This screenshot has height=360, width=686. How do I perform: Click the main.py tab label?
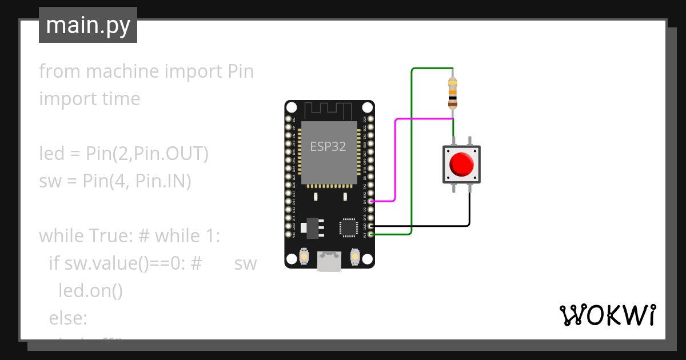click(88, 25)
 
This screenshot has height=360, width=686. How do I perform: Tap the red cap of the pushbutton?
click(461, 165)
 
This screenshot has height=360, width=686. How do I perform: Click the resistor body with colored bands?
click(453, 93)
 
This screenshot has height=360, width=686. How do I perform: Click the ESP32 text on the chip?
click(328, 146)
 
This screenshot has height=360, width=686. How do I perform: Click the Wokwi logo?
click(607, 315)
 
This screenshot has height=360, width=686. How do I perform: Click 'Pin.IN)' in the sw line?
click(163, 181)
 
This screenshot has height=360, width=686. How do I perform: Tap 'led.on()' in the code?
click(90, 291)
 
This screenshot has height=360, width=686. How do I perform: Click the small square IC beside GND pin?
click(348, 227)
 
